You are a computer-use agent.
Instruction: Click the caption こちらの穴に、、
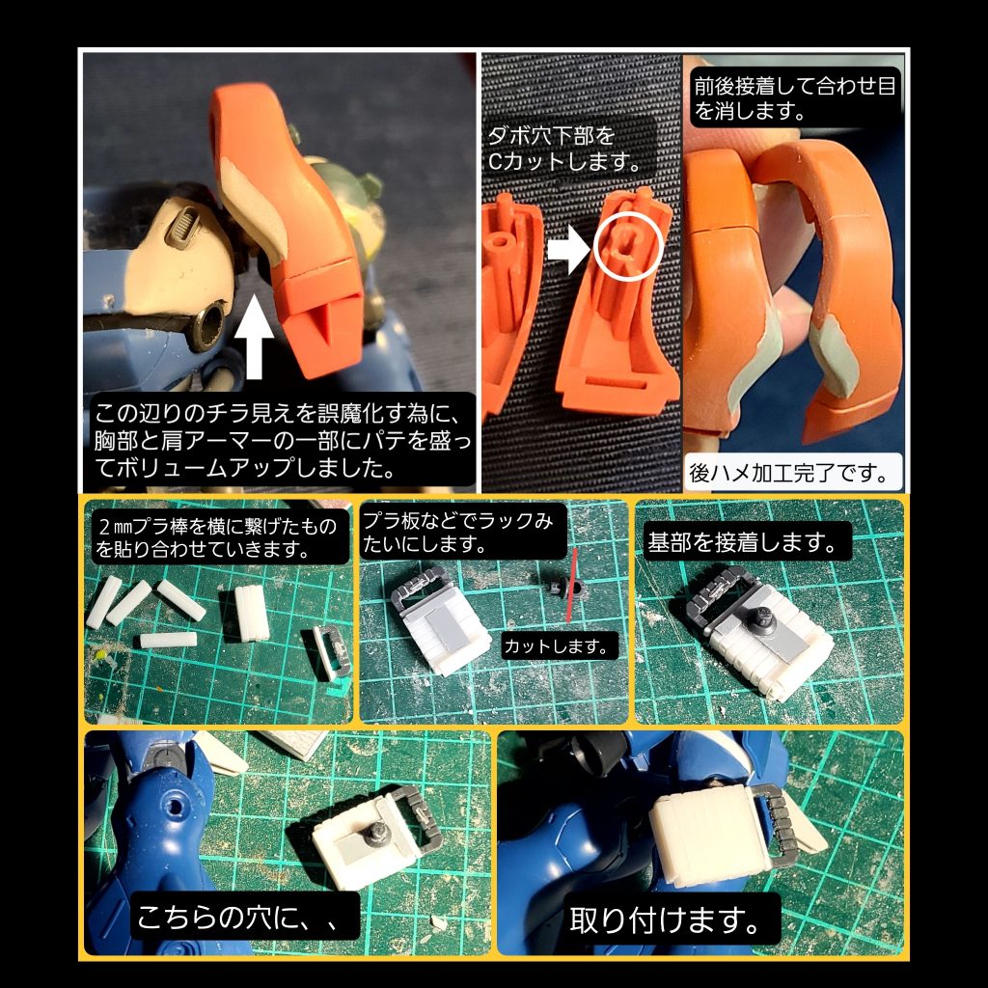coord(242,917)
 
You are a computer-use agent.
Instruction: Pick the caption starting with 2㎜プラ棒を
coord(217,537)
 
